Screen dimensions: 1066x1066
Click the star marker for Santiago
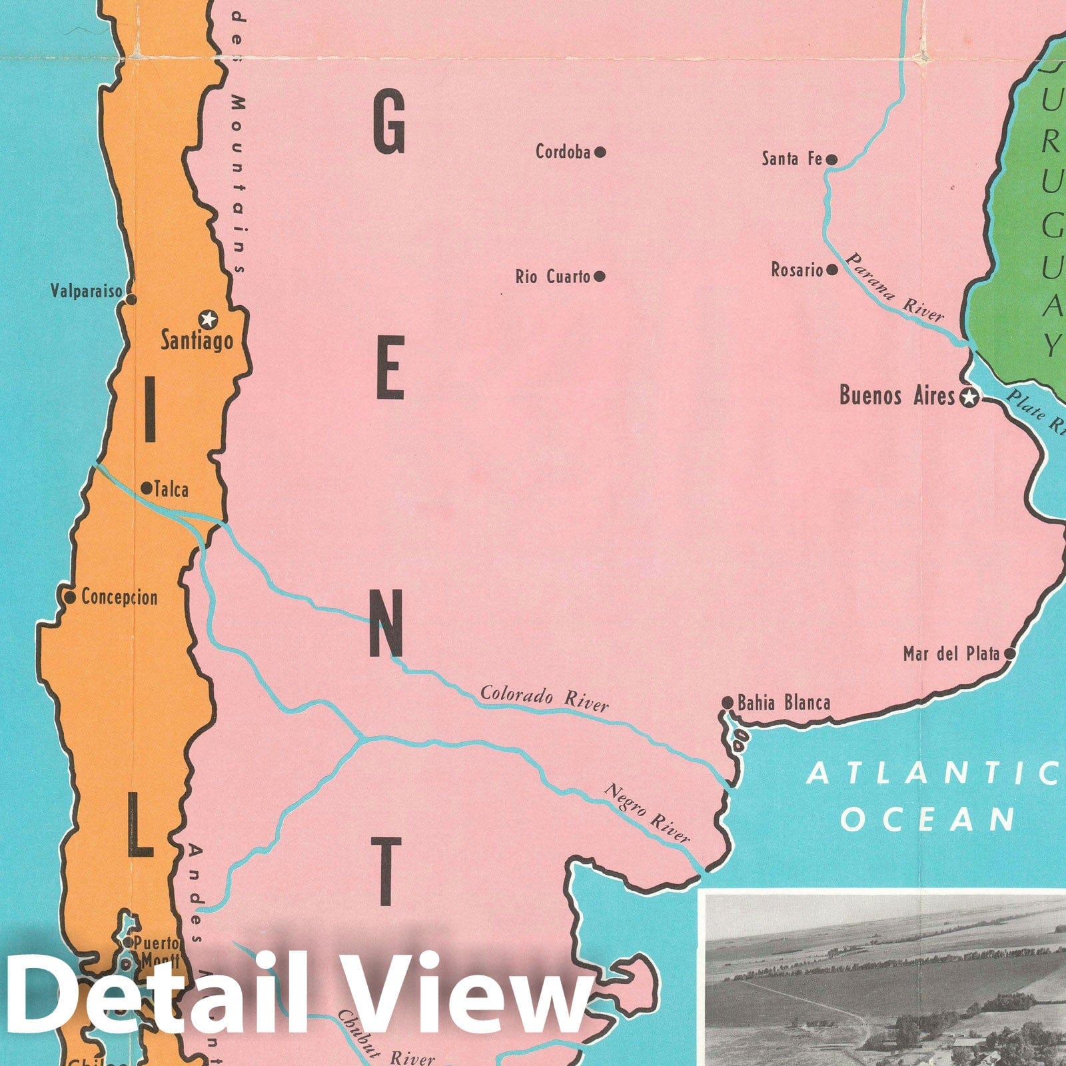pos(209,319)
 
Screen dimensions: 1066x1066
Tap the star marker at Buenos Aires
pos(970,398)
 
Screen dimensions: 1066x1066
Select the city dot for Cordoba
pos(600,152)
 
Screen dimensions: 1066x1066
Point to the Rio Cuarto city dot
pos(600,276)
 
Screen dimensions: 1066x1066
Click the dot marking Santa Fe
pos(831,159)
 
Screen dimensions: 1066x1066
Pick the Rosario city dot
pos(831,270)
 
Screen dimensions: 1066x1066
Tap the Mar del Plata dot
pos(1009,654)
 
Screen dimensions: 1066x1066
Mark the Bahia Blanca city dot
pos(728,703)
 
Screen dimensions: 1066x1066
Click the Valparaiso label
pos(87,291)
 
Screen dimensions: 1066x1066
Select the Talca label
pos(171,490)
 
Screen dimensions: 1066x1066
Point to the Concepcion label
pos(119,597)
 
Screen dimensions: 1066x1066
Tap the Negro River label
pos(647,813)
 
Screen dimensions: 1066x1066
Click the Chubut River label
pos(386,1046)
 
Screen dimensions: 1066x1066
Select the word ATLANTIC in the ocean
pos(933,774)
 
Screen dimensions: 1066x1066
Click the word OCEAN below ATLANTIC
pos(927,819)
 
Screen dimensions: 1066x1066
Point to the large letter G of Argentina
pos(389,122)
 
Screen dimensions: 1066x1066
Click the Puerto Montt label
pos(157,951)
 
